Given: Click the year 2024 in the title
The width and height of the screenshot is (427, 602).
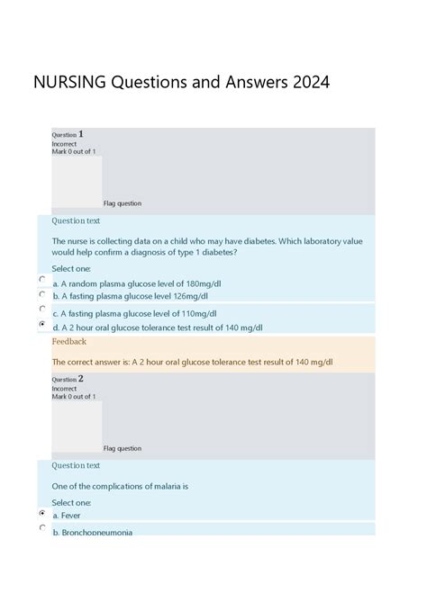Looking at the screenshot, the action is pos(310,83).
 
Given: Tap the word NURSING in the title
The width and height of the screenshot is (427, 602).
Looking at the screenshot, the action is pos(70,83).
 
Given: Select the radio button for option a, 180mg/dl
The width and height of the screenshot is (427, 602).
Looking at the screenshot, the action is pos(42,280).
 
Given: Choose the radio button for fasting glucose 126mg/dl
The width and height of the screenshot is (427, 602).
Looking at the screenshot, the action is pos(42,293).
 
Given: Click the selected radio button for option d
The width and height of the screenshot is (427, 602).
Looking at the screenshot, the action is pos(42,324).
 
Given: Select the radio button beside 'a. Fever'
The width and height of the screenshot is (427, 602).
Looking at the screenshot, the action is pos(42,513).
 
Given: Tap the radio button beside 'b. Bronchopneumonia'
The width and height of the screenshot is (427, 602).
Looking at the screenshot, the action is pos(42,528).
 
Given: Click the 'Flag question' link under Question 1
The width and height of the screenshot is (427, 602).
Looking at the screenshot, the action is pos(123,203).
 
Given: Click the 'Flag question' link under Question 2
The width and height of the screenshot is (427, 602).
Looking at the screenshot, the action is pos(123,448).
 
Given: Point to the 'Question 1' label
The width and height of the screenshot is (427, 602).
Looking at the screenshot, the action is pos(68,135).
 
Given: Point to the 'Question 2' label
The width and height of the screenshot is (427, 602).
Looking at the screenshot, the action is pos(68,380).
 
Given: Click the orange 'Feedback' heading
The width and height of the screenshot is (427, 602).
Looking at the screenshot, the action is pos(69,342).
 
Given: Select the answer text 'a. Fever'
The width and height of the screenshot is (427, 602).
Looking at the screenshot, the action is pos(67,516).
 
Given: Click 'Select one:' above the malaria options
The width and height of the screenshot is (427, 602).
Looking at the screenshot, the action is pos(71,502).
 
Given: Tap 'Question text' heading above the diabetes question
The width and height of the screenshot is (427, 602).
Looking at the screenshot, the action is pos(76,220).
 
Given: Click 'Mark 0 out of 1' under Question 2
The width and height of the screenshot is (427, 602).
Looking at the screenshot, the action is pos(74,397).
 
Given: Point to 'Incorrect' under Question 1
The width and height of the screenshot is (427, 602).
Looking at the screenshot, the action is pos(64,144).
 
